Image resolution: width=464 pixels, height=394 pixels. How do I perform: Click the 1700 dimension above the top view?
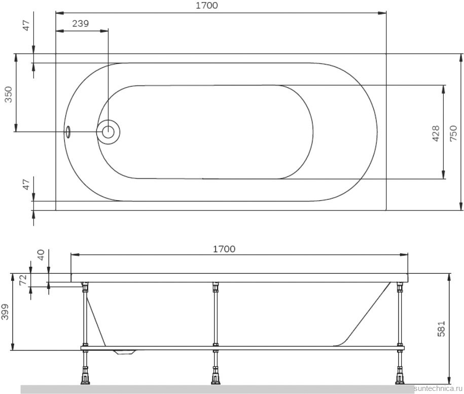pyautogui.click(x=207, y=6)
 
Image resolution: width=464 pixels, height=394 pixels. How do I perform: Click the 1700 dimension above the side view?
pyautogui.click(x=224, y=249)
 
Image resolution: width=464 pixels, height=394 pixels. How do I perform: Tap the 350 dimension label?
pyautogui.click(x=9, y=94)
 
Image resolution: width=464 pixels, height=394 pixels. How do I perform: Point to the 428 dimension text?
pyautogui.click(x=436, y=133)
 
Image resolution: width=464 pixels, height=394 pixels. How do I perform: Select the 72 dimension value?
pyautogui.click(x=23, y=280)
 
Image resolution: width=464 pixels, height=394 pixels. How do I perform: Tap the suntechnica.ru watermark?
pyautogui.click(x=438, y=388)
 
